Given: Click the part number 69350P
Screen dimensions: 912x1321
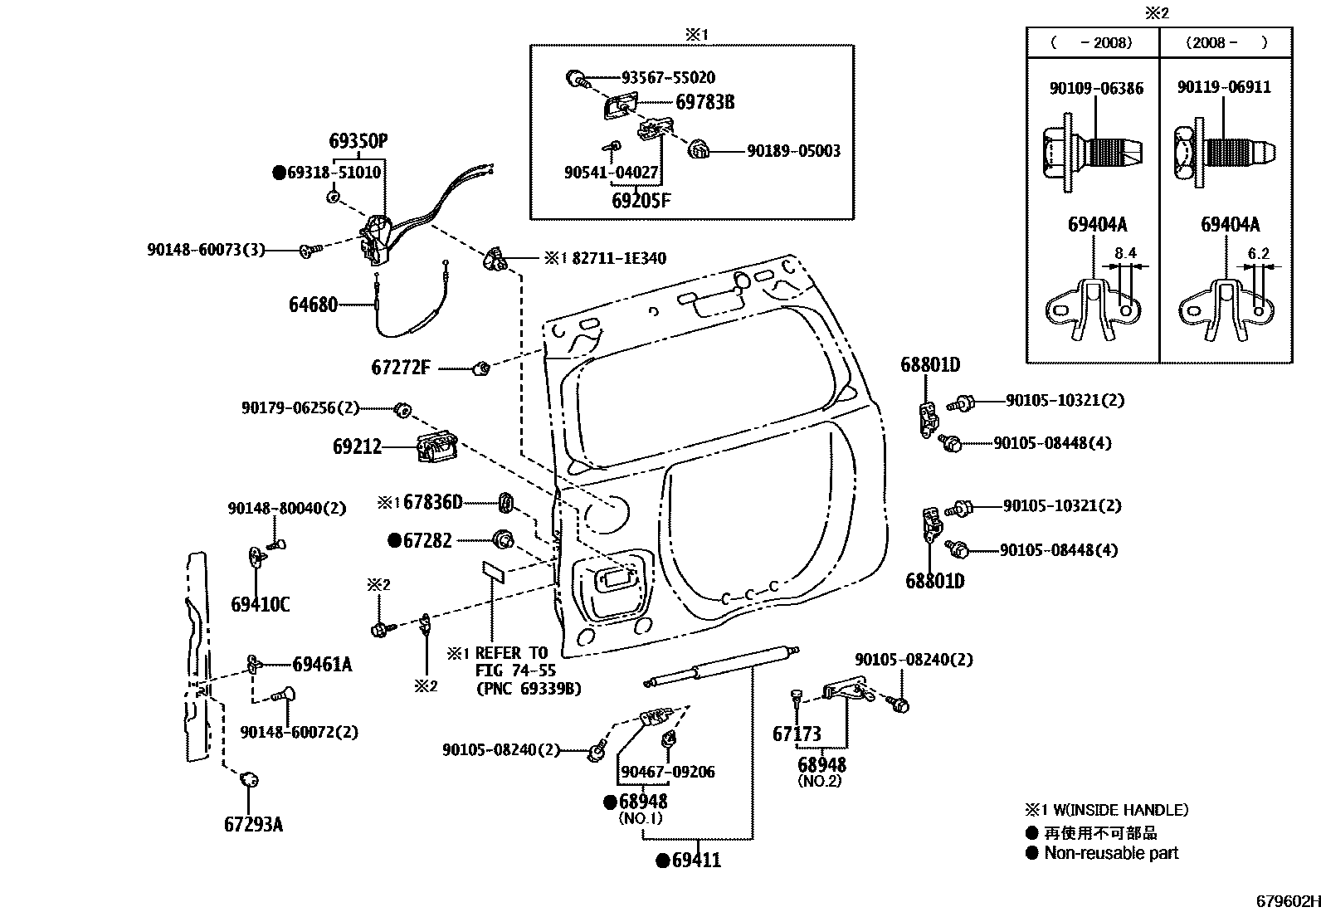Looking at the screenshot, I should click(x=358, y=141).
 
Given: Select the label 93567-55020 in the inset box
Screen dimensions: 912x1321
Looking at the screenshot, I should click(x=668, y=77).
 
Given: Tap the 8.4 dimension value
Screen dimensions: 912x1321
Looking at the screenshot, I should click(x=1125, y=253).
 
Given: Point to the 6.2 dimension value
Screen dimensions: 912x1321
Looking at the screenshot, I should click(x=1258, y=253).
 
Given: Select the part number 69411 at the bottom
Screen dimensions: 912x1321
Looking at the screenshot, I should click(x=695, y=861).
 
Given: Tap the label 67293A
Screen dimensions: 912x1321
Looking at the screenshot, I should click(x=253, y=824).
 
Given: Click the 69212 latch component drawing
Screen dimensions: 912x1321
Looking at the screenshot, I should click(x=436, y=447).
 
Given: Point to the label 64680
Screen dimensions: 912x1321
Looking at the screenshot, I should click(x=313, y=305).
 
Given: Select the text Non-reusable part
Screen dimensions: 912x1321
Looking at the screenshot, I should click(x=1111, y=853).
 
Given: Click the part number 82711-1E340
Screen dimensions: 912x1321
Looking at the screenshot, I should click(x=618, y=259).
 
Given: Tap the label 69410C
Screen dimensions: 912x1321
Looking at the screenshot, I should click(x=260, y=604).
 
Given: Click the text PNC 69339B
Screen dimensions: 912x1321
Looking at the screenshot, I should click(x=529, y=688).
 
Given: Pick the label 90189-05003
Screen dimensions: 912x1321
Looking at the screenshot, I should click(x=793, y=151).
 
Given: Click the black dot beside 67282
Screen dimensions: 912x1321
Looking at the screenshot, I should click(x=395, y=540).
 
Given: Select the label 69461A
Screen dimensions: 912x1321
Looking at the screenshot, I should click(x=322, y=664).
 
